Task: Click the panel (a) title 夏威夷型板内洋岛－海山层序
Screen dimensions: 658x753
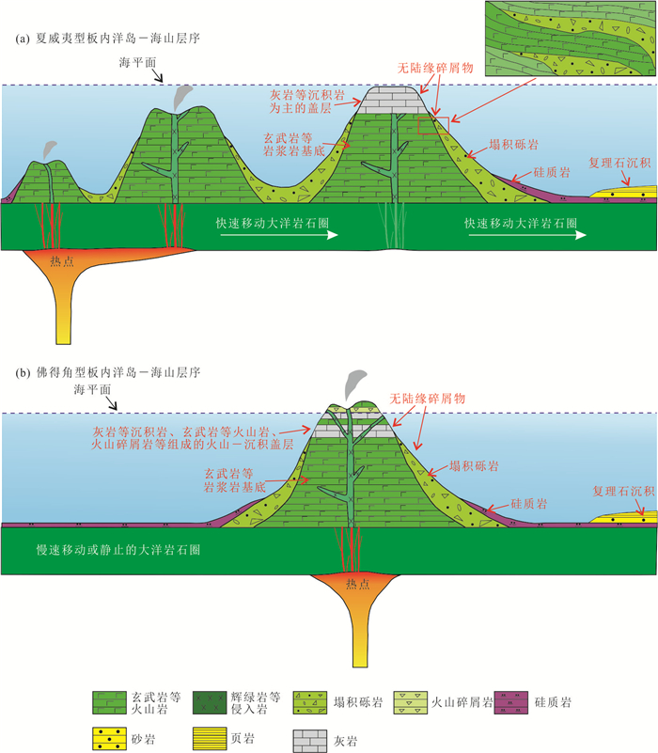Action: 108,39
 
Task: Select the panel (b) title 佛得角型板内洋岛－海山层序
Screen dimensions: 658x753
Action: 108,372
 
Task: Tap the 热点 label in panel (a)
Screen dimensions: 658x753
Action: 62,260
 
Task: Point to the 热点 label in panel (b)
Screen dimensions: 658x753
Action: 358,584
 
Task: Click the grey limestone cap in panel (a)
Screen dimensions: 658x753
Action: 392,101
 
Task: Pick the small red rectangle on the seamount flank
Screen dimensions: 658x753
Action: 433,125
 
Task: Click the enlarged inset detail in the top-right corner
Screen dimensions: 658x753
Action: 571,39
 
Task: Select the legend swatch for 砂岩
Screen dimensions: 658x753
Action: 109,739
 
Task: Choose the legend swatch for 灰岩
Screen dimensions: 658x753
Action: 310,741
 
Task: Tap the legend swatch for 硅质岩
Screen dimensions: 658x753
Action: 511,702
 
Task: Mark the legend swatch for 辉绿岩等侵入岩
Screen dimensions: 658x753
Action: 210,702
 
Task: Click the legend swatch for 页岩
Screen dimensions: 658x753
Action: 210,739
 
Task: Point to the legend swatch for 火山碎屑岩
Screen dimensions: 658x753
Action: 410,702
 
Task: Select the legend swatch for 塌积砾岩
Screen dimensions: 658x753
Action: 310,702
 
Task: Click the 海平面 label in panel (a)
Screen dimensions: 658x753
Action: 138,62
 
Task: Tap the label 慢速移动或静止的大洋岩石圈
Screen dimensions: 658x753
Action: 118,549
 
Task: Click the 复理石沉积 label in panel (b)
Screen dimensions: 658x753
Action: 623,491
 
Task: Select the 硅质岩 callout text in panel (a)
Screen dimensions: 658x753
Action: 552,172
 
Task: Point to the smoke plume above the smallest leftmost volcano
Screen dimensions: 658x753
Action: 49,149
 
